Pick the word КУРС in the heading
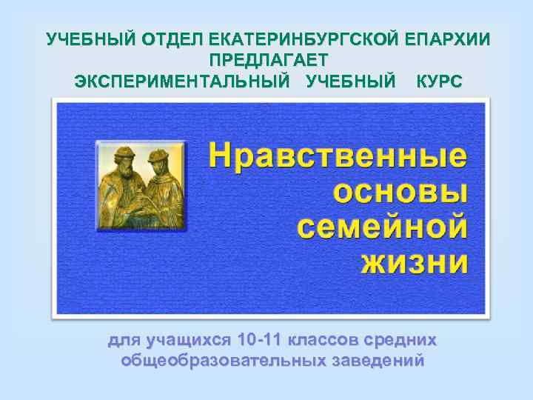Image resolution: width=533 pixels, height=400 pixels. point(439,80)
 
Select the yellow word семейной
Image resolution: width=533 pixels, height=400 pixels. point(383,226)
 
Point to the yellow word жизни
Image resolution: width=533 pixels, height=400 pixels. point(415,261)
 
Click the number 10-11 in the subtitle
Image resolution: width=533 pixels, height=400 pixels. point(255,341)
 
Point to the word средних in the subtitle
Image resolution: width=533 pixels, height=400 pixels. point(400,341)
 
